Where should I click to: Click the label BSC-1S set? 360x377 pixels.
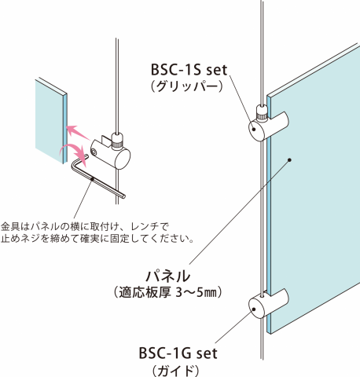[x=189, y=70]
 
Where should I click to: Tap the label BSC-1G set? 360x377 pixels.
[x=178, y=353]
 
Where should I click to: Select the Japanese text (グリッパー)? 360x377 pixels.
[x=186, y=86]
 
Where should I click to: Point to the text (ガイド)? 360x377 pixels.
[x=175, y=371]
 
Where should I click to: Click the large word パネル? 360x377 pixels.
[x=168, y=276]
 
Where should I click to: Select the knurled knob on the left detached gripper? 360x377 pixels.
[x=117, y=142]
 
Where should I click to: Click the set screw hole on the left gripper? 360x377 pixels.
[x=94, y=152]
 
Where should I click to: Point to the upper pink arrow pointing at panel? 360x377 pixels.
[x=79, y=132]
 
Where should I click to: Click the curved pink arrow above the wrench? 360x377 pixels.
[x=74, y=152]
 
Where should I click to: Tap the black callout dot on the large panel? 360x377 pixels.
[x=289, y=160]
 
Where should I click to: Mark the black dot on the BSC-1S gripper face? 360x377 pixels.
[x=254, y=129]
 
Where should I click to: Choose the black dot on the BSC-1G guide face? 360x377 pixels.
[x=254, y=309]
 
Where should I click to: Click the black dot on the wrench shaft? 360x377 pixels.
[x=93, y=179]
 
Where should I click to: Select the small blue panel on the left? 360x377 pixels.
[x=51, y=120]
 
